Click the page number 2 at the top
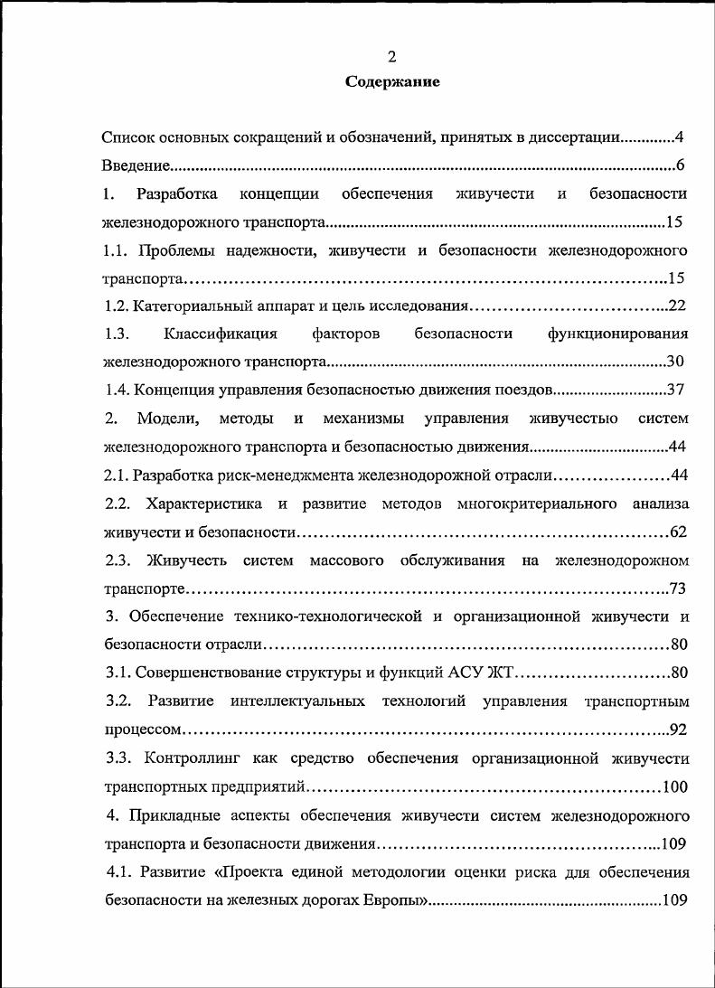coord(392,57)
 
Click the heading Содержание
coord(392,82)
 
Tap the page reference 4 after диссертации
coord(679,138)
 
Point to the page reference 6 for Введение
coord(680,166)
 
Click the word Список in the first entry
coord(127,138)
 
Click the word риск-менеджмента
coord(296,475)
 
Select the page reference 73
coord(678,589)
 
